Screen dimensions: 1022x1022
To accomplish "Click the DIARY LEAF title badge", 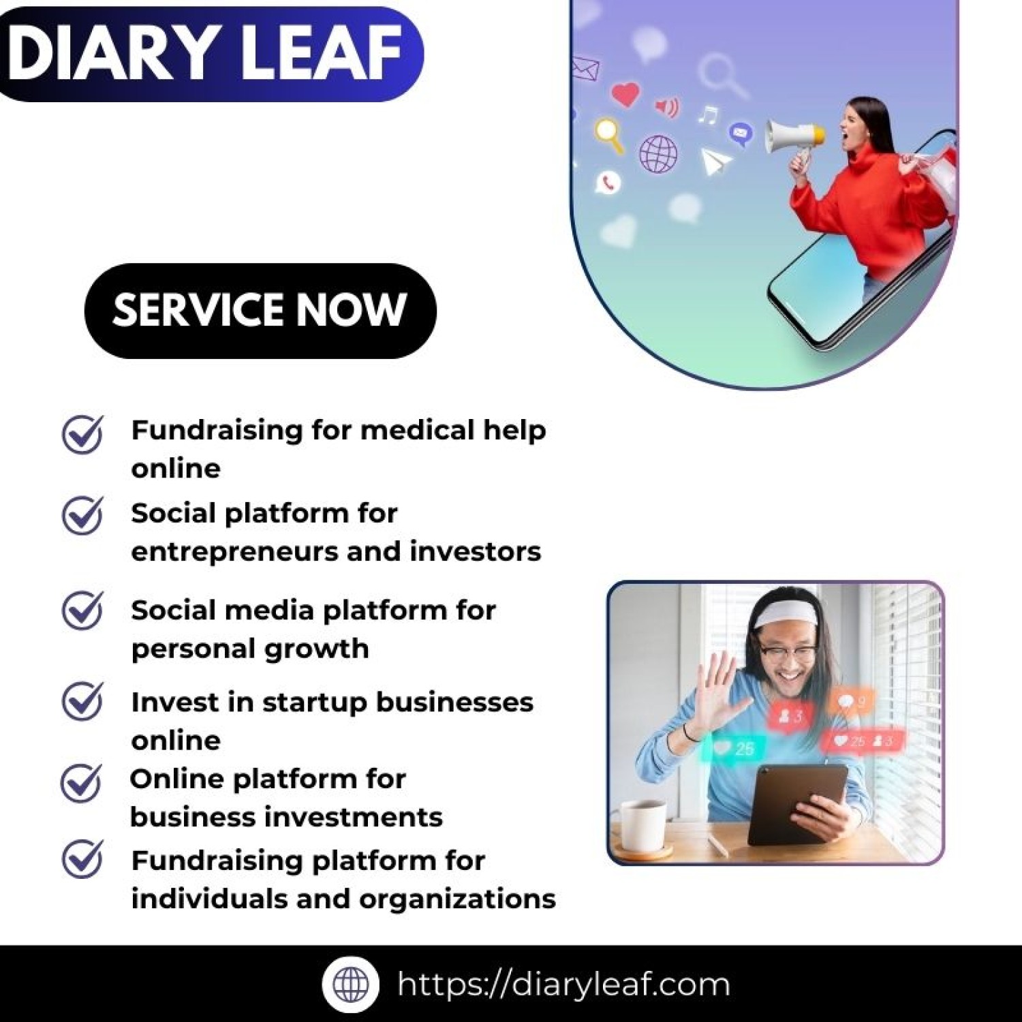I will coord(204,53).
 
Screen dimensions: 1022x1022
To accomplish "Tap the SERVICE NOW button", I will coord(260,311).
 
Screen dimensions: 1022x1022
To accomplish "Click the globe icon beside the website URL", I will coord(351,984).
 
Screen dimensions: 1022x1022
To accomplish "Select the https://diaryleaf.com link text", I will coord(563,985).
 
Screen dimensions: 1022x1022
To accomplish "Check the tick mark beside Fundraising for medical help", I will coord(82,434).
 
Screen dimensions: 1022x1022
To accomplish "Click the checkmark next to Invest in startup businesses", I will coord(82,701).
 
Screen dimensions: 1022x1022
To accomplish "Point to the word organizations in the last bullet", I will coord(457,899).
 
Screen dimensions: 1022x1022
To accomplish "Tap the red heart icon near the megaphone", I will coord(625,93).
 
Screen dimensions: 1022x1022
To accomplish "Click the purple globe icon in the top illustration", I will coord(658,153).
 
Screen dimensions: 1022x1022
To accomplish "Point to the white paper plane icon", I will coord(715,161).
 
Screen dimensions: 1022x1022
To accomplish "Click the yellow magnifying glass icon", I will coord(608,134).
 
